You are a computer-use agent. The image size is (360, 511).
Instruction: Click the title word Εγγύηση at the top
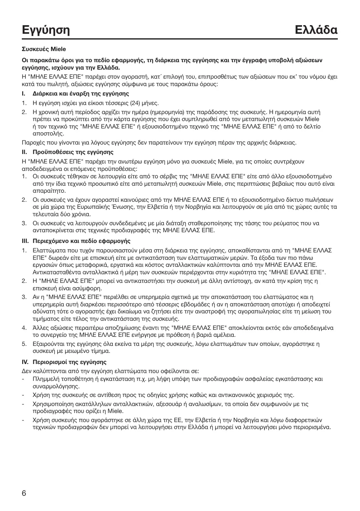46,30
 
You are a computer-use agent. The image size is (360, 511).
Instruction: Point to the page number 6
24,493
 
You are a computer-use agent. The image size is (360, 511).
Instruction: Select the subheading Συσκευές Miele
41,49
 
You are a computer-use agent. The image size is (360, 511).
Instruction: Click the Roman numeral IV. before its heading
26,362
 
